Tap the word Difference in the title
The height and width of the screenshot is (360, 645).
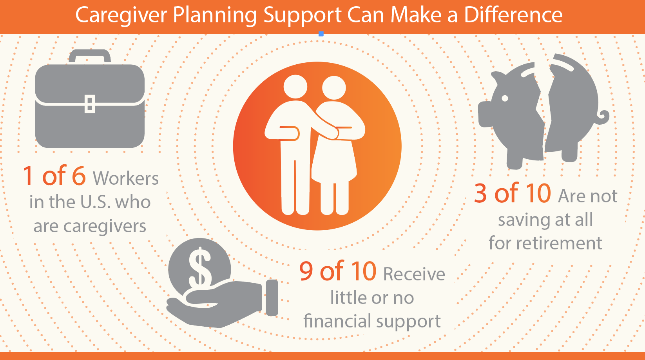click(513, 15)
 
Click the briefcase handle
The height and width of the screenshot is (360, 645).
click(90, 56)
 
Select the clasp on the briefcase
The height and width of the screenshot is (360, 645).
click(90, 104)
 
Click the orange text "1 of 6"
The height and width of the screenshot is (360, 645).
click(54, 176)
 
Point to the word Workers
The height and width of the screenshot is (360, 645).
click(125, 178)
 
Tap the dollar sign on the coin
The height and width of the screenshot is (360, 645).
click(200, 267)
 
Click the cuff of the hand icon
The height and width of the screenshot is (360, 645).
click(272, 298)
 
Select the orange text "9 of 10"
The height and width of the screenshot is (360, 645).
click(338, 271)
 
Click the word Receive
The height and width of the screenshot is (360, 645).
click(414, 274)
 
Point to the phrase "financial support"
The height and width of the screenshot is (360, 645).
click(372, 321)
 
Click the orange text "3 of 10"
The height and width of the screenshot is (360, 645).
click(513, 193)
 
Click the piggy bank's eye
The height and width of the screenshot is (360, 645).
click(505, 98)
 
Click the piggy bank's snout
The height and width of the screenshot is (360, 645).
click(485, 114)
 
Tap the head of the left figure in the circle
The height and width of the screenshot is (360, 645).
click(295, 87)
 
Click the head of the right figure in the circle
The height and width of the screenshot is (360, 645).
click(334, 87)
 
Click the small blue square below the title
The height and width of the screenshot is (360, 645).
click(321, 34)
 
